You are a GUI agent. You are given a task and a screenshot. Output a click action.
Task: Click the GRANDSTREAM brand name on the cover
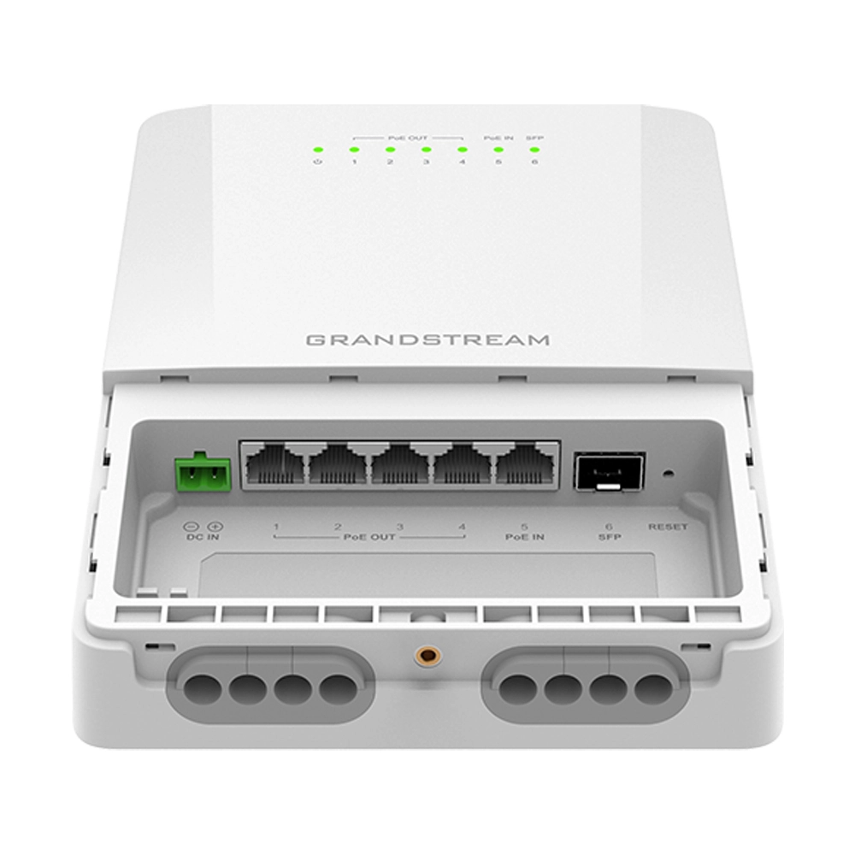tap(427, 339)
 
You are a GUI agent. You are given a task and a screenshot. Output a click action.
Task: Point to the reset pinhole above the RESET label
tap(666, 471)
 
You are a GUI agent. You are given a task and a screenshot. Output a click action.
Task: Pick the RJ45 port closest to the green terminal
tap(271, 467)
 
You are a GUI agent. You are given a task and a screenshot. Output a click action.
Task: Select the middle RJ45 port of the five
tap(398, 467)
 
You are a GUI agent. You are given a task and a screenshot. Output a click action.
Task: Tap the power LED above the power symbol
tap(317, 149)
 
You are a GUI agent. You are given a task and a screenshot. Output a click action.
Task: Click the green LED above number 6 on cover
tap(534, 149)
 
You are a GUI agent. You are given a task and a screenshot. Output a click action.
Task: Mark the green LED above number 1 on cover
tap(354, 149)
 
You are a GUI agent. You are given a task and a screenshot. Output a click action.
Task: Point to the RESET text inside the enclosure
tap(667, 527)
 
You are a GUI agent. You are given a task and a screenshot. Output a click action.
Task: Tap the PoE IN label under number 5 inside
tap(524, 539)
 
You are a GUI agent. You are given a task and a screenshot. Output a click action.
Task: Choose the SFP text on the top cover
tap(534, 137)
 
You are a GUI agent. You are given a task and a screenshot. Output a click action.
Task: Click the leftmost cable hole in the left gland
tap(202, 685)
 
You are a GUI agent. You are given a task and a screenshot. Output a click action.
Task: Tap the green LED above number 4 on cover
tap(462, 149)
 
